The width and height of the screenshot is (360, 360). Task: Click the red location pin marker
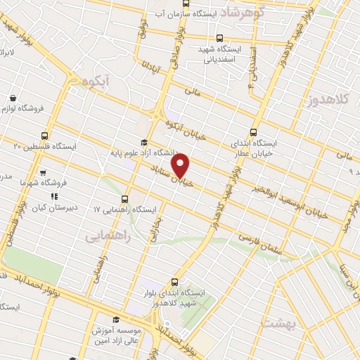[x=181, y=165]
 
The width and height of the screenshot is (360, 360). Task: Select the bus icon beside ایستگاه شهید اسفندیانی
[x=220, y=39]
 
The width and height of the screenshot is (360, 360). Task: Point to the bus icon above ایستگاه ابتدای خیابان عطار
[x=254, y=131]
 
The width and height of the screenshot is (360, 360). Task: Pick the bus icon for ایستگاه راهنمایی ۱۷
[x=125, y=199]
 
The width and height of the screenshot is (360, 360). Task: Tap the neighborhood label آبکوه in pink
[x=96, y=82]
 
